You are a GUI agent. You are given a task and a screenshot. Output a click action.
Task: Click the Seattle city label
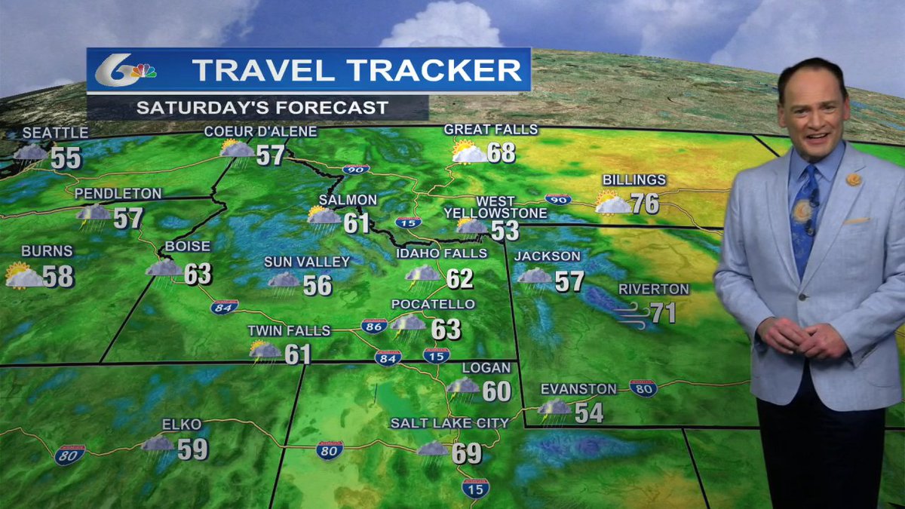[55, 133]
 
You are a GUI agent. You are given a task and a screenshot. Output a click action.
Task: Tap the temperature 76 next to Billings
[645, 204]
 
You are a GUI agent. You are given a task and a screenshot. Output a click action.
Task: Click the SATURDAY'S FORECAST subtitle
[262, 107]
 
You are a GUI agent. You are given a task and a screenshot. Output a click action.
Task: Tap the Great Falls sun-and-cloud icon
[468, 152]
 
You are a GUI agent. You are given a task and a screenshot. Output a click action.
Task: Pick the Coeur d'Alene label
[260, 132]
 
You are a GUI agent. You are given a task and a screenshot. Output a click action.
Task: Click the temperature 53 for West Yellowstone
[505, 230]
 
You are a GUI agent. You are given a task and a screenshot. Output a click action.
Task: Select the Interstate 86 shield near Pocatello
[374, 326]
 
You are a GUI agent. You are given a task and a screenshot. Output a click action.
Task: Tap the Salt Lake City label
[449, 423]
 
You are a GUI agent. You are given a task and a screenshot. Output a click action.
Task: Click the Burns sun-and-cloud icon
[23, 276]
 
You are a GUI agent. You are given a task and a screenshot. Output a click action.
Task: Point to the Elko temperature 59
[193, 449]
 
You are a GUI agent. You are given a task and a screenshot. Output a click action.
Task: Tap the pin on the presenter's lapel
[853, 179]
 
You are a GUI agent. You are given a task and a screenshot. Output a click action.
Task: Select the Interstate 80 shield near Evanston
[643, 388]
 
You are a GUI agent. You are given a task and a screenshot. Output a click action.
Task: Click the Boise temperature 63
[198, 274]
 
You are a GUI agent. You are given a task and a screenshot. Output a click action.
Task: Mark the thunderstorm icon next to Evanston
[555, 410]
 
